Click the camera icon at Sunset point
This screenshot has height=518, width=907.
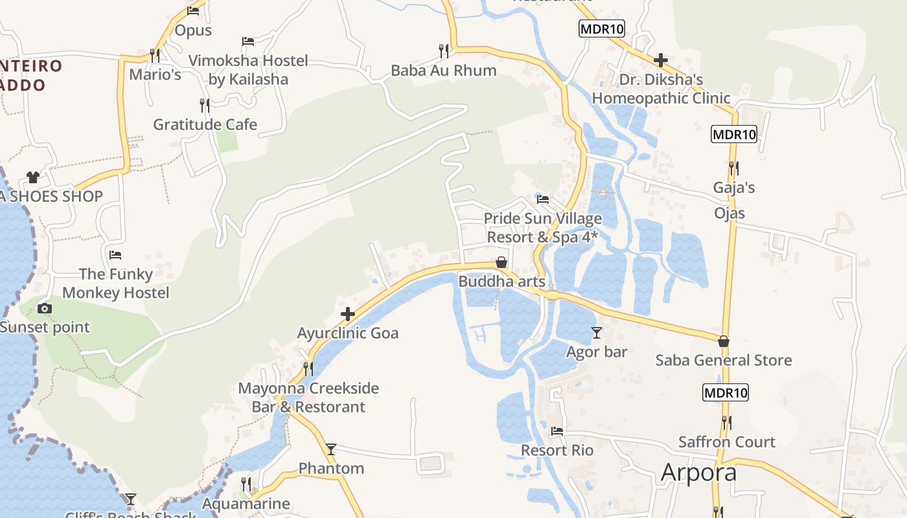[45, 308]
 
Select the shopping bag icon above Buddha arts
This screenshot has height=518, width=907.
[501, 262]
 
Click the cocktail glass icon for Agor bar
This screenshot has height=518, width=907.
[596, 333]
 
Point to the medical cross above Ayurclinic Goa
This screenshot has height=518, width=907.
[348, 315]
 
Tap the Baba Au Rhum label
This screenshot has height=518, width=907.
[443, 70]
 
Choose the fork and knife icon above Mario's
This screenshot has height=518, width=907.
[154, 54]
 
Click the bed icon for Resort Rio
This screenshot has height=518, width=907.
[557, 431]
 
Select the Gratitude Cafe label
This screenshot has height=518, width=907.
[205, 124]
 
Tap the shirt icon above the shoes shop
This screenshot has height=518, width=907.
[33, 177]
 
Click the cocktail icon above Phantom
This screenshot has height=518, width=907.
[331, 449]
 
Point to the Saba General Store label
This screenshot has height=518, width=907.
[724, 360]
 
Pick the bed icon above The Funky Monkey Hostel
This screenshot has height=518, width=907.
[115, 254]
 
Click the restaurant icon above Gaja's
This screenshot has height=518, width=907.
[733, 168]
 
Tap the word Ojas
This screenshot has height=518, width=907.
[729, 213]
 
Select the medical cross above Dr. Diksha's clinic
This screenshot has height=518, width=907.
[661, 61]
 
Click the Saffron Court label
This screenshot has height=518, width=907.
[726, 442]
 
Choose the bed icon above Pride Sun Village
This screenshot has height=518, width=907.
[543, 199]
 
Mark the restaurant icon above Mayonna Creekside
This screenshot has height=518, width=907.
[308, 368]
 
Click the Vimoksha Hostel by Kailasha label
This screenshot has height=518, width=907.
[248, 70]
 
